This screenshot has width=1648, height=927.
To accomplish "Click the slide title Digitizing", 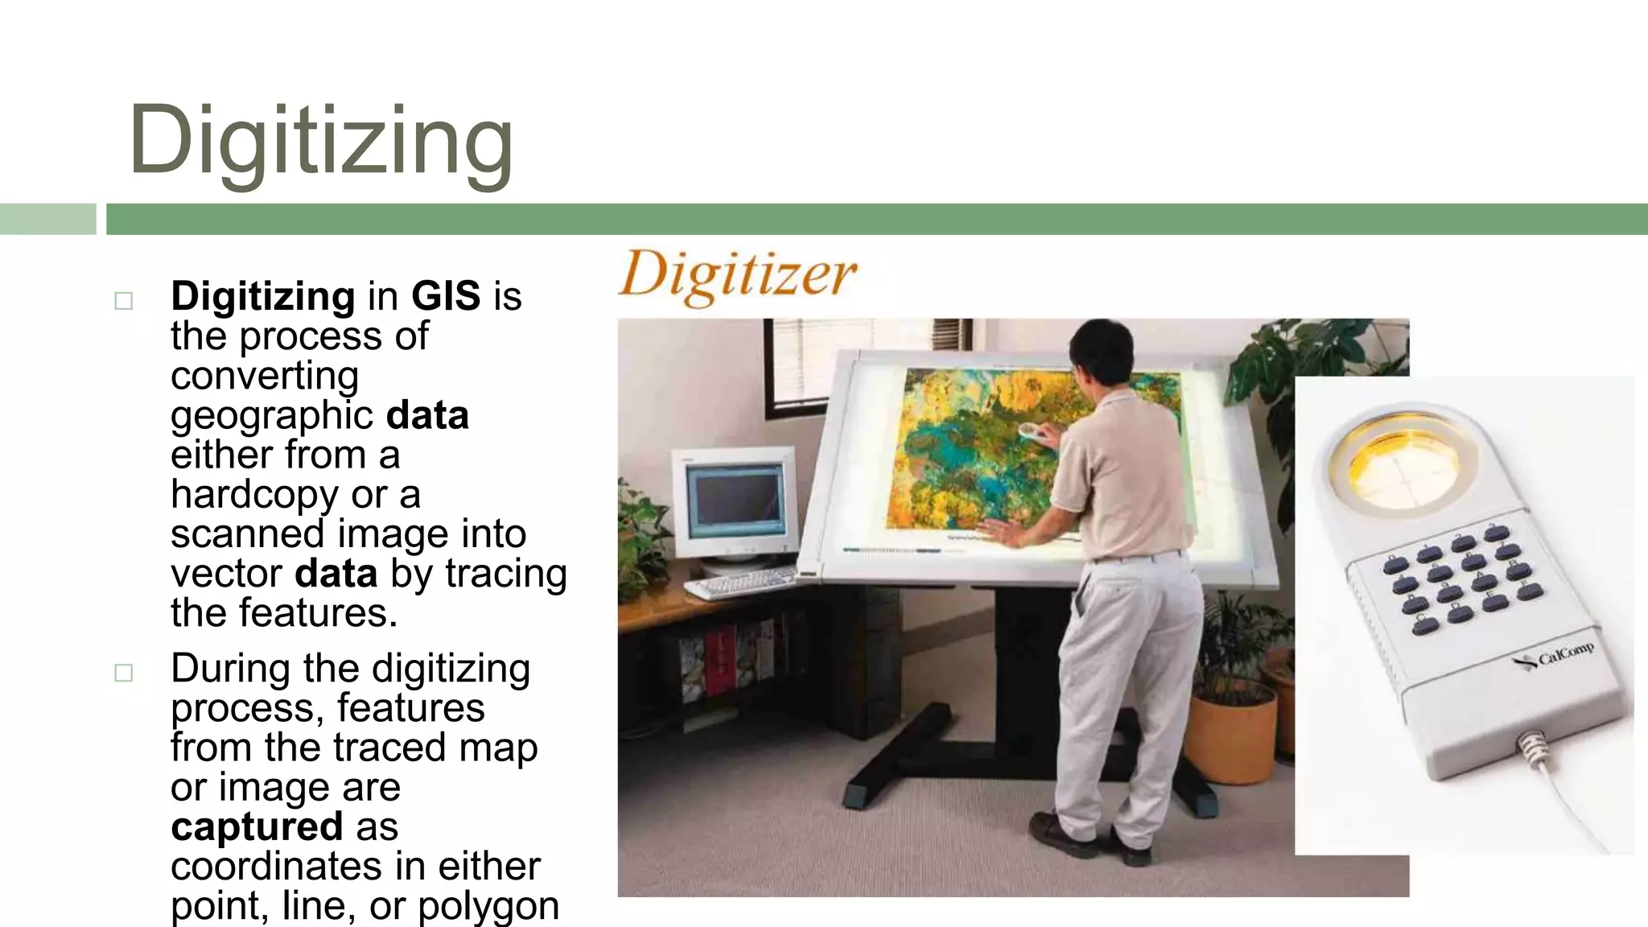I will [x=320, y=142].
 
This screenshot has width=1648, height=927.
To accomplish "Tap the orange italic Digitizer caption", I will [x=737, y=276].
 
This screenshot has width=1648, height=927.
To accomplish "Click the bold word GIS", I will [x=446, y=296].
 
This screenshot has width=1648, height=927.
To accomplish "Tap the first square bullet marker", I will [x=123, y=301].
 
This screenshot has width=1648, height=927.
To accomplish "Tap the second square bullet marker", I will [x=123, y=673].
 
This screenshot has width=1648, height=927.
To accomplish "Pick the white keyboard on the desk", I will [x=740, y=581].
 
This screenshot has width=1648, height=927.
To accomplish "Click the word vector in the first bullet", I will [x=226, y=574].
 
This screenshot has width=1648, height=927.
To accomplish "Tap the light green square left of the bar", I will [x=47, y=219].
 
